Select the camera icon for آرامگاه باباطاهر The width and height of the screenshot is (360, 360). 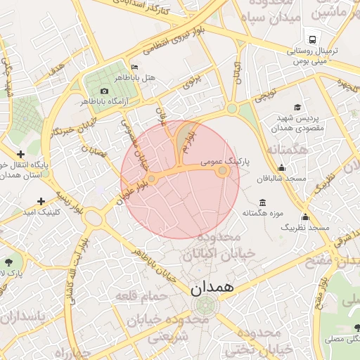click(105, 91)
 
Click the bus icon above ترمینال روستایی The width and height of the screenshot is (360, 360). click(310, 39)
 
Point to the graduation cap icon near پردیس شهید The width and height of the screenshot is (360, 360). click(297, 108)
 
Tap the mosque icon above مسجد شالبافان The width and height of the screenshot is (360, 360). click(282, 168)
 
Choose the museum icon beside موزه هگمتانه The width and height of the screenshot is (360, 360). click(262, 202)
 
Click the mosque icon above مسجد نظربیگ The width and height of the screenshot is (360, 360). click(305, 217)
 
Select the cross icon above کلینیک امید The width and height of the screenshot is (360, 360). click(41, 201)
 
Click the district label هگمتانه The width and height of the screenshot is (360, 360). click(288, 150)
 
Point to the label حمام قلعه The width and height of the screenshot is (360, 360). click(143, 295)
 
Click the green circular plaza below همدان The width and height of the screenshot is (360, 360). click(205, 305)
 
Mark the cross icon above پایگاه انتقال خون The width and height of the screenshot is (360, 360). click(20, 154)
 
